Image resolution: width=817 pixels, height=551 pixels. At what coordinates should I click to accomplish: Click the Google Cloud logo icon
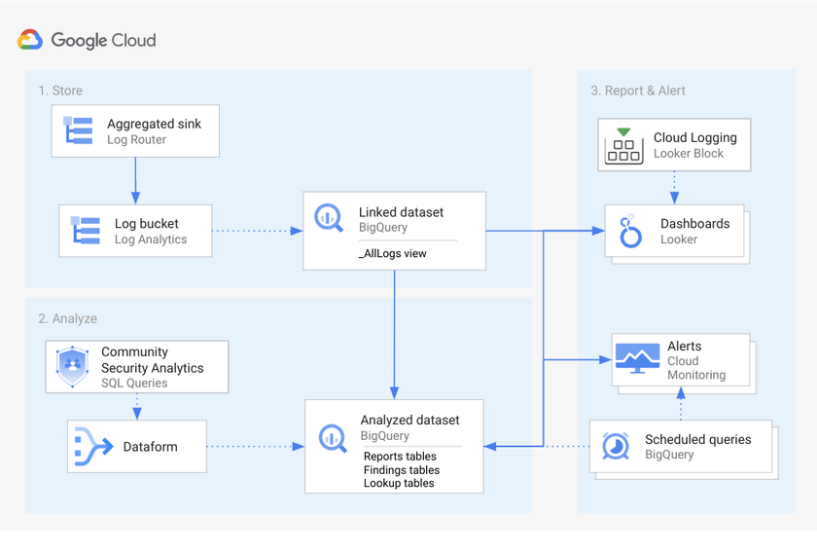pos(30,40)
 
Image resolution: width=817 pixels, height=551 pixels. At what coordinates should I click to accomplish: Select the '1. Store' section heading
pos(60,91)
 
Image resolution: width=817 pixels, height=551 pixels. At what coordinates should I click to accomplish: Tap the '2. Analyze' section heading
pos(68,318)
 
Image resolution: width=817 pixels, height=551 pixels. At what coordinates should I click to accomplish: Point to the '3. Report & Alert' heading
pos(637,91)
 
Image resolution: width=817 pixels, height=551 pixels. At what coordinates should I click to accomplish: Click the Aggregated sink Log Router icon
pos(79,130)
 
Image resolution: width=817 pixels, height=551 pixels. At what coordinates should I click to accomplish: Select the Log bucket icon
pos(87,231)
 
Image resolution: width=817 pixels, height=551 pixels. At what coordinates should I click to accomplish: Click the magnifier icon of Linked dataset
pos(329,218)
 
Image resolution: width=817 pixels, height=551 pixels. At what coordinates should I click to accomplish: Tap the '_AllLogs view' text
pos(393,253)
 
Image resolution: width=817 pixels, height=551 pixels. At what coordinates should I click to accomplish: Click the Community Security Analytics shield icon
pos(73,366)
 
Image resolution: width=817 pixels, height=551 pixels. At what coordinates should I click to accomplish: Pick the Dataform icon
pos(94,447)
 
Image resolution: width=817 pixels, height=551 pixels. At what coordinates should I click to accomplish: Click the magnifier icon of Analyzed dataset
pos(333,437)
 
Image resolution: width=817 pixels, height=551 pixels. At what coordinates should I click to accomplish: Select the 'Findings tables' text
pos(401,470)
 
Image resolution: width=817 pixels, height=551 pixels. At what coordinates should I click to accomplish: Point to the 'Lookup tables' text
pos(399,483)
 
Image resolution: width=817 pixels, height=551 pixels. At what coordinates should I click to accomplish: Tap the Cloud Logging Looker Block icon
pos(623,145)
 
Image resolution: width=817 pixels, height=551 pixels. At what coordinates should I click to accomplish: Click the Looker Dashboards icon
pos(631,232)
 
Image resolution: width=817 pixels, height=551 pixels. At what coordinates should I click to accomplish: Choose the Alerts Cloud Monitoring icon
pos(637,360)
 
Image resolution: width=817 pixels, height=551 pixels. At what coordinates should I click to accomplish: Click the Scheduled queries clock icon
pos(615,446)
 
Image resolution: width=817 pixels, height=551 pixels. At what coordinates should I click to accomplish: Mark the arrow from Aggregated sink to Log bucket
pos(135,180)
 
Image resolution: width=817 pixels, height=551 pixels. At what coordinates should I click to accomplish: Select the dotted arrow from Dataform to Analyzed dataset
pos(255,447)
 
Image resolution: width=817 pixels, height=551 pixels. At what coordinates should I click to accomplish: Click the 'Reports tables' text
pos(400,457)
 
